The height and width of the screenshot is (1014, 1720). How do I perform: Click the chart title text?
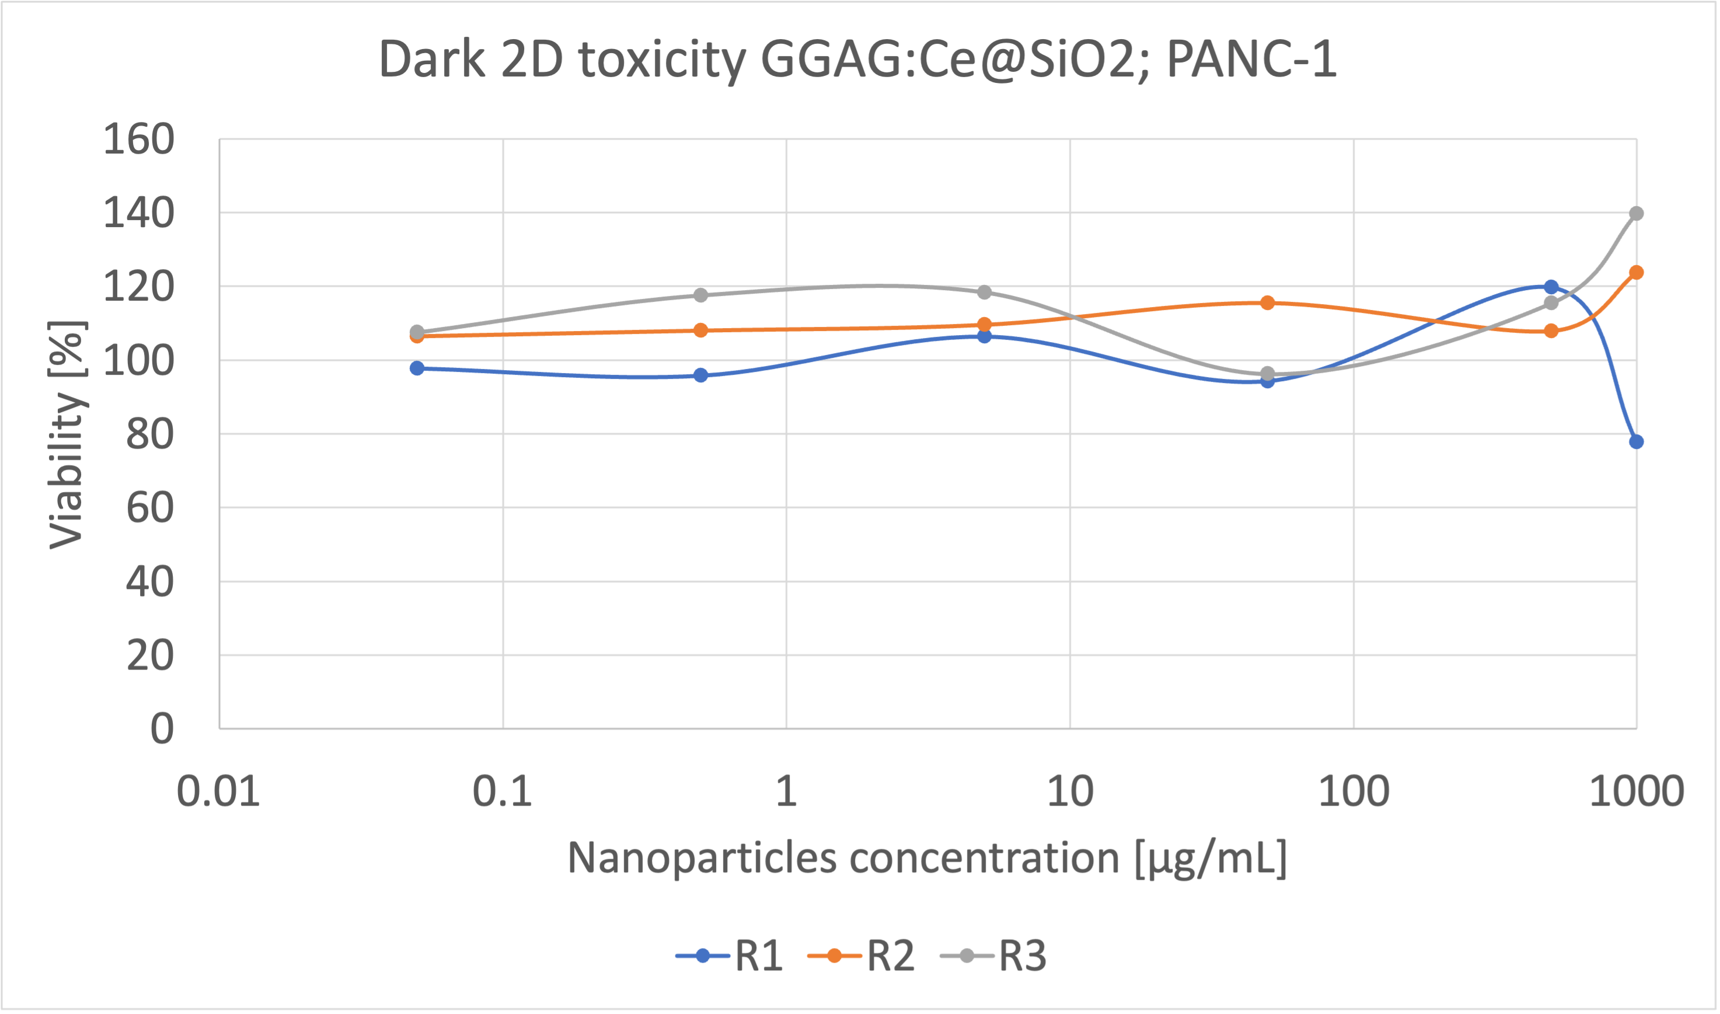click(x=857, y=60)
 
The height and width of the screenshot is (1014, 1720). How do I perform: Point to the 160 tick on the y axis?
click(x=139, y=140)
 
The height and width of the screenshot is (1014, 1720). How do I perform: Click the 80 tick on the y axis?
click(x=150, y=434)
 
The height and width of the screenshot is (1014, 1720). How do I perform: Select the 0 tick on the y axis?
click(x=162, y=729)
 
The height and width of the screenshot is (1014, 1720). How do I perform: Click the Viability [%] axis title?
click(x=67, y=434)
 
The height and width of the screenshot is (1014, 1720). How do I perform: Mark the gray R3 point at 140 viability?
click(x=1636, y=214)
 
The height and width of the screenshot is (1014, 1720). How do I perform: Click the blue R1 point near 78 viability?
click(x=1636, y=442)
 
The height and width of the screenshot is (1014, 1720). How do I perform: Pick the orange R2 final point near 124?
click(x=1636, y=273)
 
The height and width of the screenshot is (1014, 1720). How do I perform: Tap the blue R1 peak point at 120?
click(x=1551, y=287)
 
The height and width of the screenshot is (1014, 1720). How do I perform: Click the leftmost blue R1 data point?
click(x=417, y=368)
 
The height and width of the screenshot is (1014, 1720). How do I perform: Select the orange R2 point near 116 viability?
click(x=1267, y=303)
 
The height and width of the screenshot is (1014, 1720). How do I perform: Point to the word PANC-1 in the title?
click(x=1251, y=60)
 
